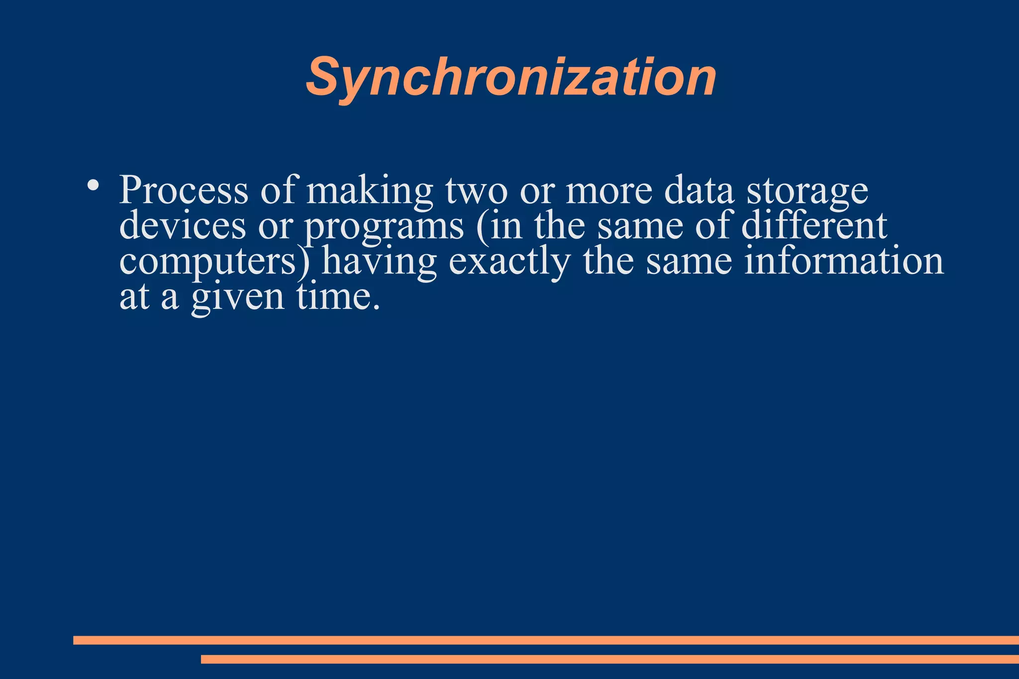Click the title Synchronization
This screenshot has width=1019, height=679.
point(511,77)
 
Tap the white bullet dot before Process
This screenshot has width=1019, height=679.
point(93,185)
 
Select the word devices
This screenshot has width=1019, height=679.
point(183,225)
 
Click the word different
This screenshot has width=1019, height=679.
point(814,225)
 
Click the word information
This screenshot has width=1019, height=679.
point(844,261)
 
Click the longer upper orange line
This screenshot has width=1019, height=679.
point(546,640)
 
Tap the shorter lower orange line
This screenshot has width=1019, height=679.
point(610,659)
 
